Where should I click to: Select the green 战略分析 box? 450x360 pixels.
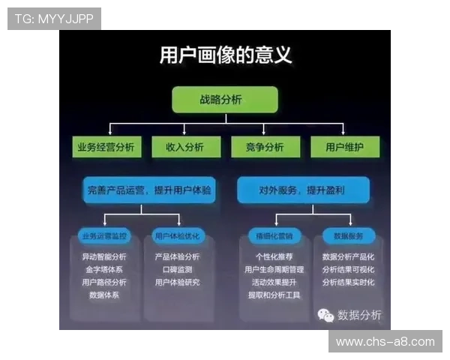(x=225, y=100)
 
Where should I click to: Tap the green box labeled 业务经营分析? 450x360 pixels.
(x=106, y=147)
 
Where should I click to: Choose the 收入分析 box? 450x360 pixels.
(x=184, y=147)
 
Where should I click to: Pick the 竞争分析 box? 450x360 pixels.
(x=265, y=147)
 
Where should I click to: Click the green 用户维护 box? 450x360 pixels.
(x=345, y=147)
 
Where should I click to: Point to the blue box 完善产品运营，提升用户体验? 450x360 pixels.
(x=149, y=190)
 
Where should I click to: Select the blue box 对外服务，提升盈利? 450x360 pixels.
(x=302, y=190)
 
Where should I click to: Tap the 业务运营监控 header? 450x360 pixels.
(x=105, y=236)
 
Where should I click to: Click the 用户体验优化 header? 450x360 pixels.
(x=177, y=236)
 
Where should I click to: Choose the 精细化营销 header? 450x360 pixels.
(x=274, y=236)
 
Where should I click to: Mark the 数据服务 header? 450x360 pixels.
(x=347, y=236)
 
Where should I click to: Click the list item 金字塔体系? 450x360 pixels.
(x=104, y=269)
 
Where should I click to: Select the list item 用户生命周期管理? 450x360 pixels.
(x=274, y=269)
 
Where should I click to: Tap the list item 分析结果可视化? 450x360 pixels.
(x=348, y=269)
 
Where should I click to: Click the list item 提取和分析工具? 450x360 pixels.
(x=274, y=295)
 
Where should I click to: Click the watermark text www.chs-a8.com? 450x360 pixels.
(x=385, y=342)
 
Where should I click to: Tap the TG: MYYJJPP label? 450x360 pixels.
(x=54, y=19)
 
